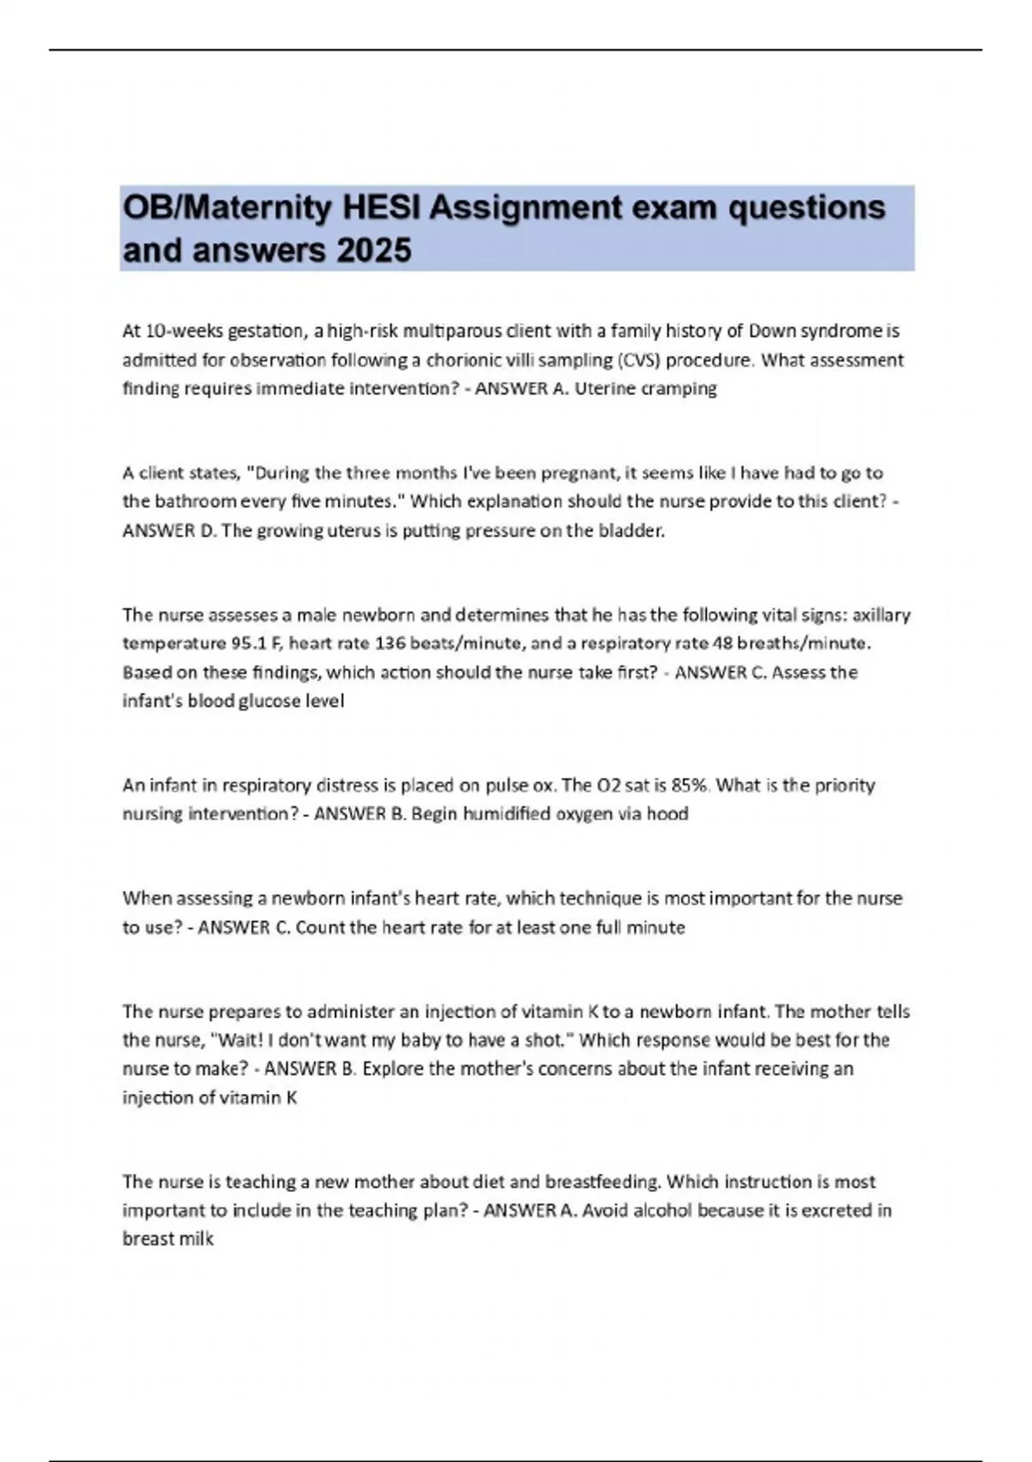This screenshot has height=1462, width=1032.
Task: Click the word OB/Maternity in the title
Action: click(x=227, y=208)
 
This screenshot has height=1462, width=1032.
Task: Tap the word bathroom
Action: click(x=195, y=501)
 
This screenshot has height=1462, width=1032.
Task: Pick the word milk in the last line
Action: click(x=196, y=1239)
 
